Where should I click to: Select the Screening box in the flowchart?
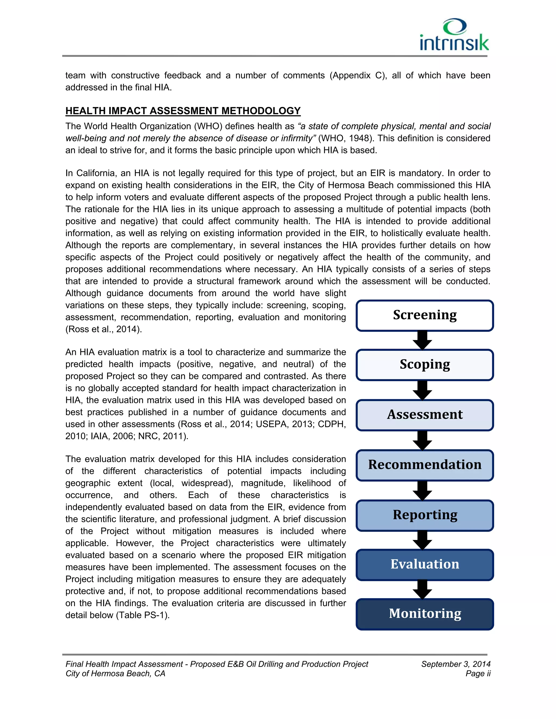[425, 315]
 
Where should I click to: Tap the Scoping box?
[425, 364]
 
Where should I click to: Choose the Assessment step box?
[425, 415]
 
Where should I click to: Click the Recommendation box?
[425, 465]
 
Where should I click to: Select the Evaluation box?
[425, 564]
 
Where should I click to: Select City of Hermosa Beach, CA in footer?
[115, 674]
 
